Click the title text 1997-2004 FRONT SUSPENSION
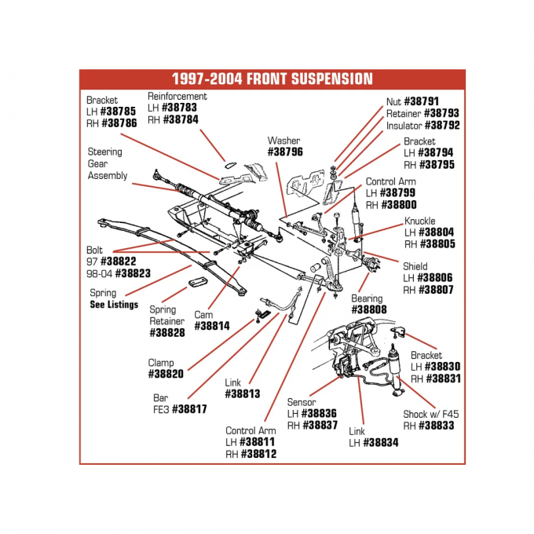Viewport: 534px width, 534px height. pyautogui.click(x=272, y=79)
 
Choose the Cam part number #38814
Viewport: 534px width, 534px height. pyautogui.click(x=211, y=326)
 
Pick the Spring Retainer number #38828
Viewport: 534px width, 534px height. pyautogui.click(x=166, y=333)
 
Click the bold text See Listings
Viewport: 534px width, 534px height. pyautogui.click(x=113, y=305)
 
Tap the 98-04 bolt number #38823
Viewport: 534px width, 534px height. pyautogui.click(x=133, y=274)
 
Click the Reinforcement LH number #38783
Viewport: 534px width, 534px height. pyautogui.click(x=180, y=108)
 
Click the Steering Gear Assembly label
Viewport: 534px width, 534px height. pyautogui.click(x=107, y=163)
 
